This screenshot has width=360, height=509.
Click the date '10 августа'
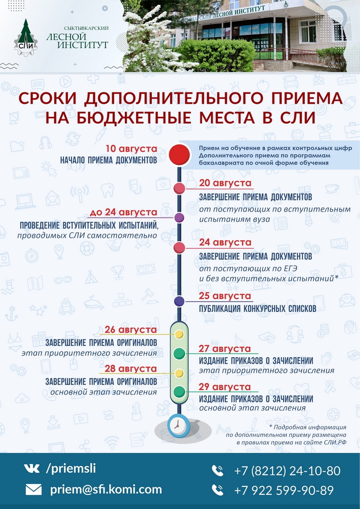131,149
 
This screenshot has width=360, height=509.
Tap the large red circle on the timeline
179,155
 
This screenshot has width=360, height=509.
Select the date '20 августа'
225,183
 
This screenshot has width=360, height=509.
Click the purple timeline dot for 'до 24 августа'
179,217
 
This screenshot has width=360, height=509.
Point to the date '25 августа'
225,296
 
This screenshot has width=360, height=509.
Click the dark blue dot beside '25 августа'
179,301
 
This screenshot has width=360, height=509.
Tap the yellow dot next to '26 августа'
179,334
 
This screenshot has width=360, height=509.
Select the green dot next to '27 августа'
179,353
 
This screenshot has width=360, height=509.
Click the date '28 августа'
131,369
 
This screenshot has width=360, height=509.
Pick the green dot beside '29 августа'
179,392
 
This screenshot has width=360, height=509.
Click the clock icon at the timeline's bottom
178,425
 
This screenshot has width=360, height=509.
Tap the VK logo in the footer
32,468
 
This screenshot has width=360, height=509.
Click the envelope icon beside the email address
34,490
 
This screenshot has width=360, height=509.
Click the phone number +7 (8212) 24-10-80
287,471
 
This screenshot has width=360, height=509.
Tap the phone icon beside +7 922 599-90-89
218,490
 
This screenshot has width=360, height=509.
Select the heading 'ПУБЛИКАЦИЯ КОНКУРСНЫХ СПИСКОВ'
258,308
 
